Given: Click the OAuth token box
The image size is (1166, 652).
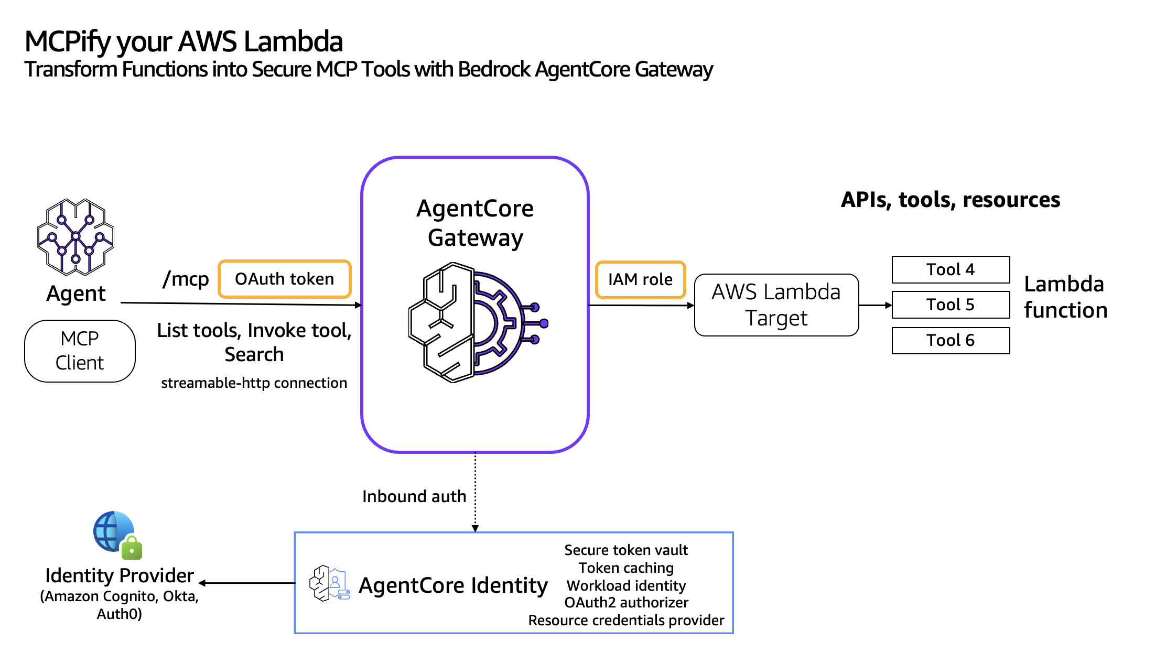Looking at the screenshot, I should [x=284, y=279].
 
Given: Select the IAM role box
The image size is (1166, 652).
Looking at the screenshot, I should [x=640, y=279].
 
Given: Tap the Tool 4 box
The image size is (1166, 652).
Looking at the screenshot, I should [x=951, y=269].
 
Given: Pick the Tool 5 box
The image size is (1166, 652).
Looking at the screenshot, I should [x=951, y=305].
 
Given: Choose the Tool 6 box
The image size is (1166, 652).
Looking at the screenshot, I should [x=951, y=340].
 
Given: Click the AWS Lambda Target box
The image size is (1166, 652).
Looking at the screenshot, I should [x=776, y=305].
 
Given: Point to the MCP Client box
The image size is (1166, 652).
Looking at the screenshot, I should [x=80, y=351].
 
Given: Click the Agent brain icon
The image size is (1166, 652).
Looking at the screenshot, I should [x=76, y=237].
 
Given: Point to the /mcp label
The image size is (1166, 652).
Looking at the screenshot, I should [x=186, y=279].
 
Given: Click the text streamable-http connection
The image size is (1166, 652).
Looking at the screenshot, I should [x=254, y=383].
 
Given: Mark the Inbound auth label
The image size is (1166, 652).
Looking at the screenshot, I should [x=414, y=496].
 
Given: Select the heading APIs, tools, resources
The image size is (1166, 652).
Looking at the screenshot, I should [x=950, y=200].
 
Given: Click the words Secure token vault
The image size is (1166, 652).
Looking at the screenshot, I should [x=626, y=550].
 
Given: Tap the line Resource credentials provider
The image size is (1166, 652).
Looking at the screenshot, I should [x=626, y=620].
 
